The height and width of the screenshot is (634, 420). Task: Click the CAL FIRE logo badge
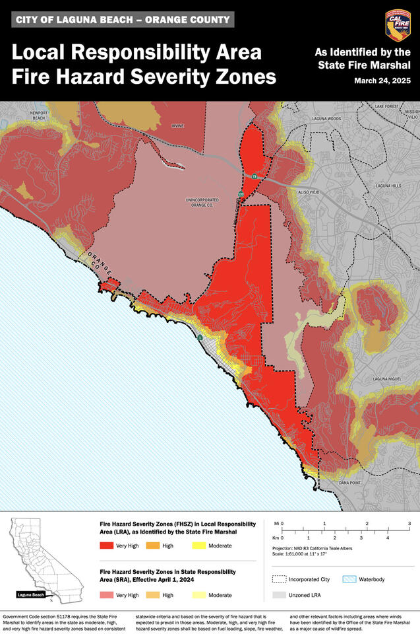(x=398, y=26)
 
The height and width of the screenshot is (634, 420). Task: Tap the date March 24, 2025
(x=381, y=81)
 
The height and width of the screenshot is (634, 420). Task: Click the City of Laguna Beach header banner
(x=123, y=20)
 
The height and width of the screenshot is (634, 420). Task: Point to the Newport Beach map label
(x=39, y=116)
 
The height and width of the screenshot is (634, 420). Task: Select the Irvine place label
(x=177, y=125)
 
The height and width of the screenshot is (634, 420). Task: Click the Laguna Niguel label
(x=386, y=379)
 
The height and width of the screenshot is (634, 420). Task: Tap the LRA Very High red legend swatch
(x=107, y=546)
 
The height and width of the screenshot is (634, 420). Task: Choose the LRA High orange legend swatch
(x=153, y=546)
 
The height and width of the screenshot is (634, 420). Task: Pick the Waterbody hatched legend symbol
(x=349, y=579)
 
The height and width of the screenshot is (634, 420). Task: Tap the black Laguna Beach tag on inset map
(x=30, y=594)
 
